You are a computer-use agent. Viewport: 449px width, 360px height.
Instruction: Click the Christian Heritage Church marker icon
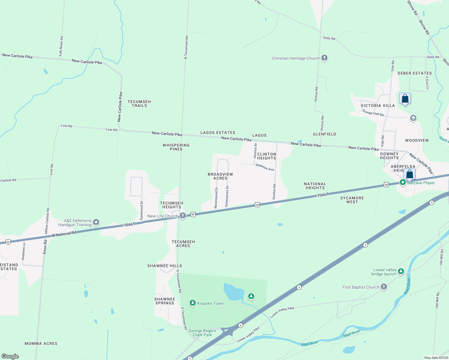(324, 58)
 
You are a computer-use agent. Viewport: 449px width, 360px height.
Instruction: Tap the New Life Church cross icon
(182, 216)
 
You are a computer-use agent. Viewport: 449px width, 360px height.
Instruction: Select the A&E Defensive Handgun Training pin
(96, 222)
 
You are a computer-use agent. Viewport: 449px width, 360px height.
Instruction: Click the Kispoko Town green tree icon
(193, 303)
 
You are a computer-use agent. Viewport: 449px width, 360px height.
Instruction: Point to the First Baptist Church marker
(384, 287)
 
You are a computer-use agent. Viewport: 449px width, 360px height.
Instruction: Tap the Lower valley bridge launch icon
(401, 271)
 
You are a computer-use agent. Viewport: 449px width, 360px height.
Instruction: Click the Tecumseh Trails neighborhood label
(139, 103)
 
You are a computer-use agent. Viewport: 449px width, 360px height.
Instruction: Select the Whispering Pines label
(176, 147)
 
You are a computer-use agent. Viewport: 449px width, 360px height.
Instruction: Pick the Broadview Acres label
(220, 176)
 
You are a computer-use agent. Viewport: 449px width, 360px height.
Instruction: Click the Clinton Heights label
(267, 156)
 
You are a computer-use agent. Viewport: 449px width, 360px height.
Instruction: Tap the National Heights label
(315, 186)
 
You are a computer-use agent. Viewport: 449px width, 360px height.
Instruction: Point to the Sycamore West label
(352, 200)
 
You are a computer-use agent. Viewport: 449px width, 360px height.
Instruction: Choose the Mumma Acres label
(41, 343)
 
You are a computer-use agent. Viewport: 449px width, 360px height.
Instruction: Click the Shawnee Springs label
(165, 301)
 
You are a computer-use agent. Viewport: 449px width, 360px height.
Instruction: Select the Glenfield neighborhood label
(324, 134)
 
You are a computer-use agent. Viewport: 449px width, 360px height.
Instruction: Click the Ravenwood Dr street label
(216, 198)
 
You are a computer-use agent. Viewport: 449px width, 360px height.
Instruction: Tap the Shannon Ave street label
(265, 167)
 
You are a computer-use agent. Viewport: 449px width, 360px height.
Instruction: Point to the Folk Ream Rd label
(61, 46)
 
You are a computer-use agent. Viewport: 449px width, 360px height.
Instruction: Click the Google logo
(10, 356)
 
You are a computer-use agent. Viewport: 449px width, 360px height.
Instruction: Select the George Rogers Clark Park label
(202, 333)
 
